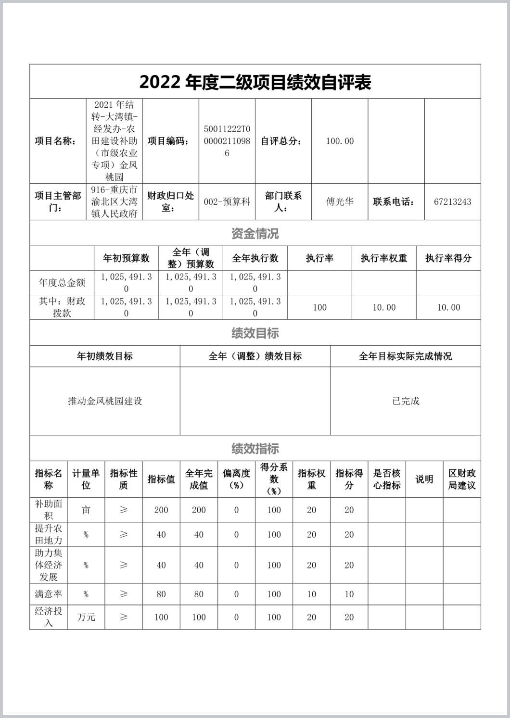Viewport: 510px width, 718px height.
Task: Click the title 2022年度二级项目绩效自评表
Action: pyautogui.click(x=255, y=82)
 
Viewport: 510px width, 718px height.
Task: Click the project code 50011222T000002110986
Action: pyautogui.click(x=227, y=141)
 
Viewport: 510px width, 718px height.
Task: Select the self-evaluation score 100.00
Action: pyautogui.click(x=340, y=141)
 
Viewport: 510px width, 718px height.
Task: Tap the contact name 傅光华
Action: pyautogui.click(x=340, y=202)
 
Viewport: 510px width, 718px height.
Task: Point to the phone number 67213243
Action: pyautogui.click(x=452, y=202)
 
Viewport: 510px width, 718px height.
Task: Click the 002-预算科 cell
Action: pyautogui.click(x=227, y=202)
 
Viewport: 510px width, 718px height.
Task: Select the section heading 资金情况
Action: pyautogui.click(x=255, y=234)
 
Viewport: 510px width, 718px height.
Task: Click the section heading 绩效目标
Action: pyautogui.click(x=255, y=333)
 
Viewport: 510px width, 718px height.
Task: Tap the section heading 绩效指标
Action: pyautogui.click(x=255, y=448)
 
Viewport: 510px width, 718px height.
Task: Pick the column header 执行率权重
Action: pyautogui.click(x=384, y=258)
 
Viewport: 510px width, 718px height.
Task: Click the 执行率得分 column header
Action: pyautogui.click(x=448, y=258)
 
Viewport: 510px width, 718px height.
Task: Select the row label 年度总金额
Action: pyautogui.click(x=62, y=283)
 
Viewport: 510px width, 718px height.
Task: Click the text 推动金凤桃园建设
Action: pyautogui.click(x=105, y=401)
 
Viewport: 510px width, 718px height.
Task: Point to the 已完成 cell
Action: pyautogui.click(x=406, y=401)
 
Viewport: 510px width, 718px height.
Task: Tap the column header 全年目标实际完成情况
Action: pyautogui.click(x=406, y=356)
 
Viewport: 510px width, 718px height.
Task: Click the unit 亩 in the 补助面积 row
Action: pyautogui.click(x=86, y=510)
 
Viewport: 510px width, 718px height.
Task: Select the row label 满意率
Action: pyautogui.click(x=49, y=594)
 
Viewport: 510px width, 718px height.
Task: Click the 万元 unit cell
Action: pyautogui.click(x=86, y=617)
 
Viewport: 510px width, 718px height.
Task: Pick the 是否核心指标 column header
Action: pyautogui.click(x=387, y=479)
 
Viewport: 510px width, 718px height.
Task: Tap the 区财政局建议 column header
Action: pyautogui.click(x=462, y=479)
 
